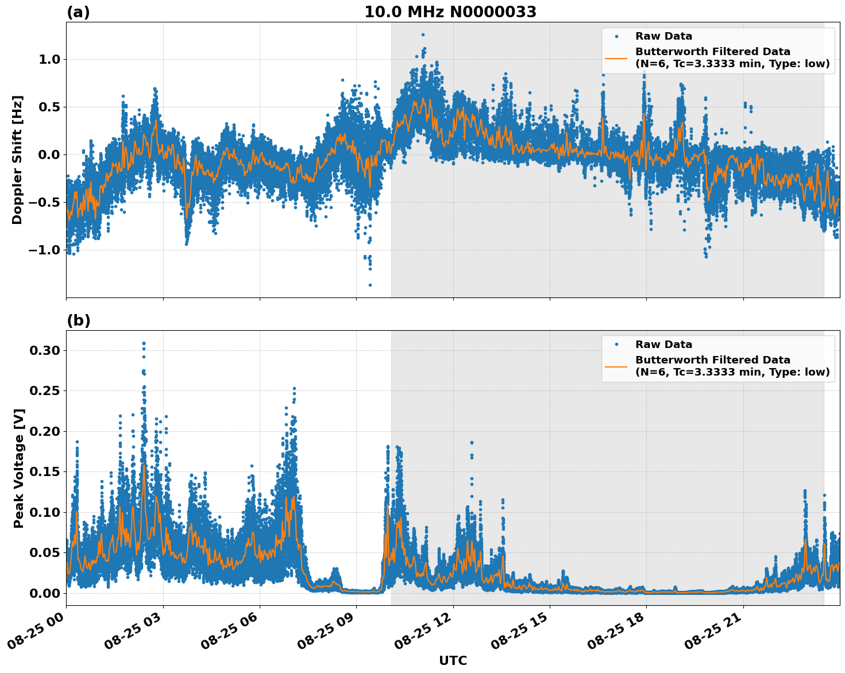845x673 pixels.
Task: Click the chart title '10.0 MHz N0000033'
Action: (450, 12)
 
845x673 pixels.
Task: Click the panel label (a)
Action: (78, 12)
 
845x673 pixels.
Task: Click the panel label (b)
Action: (78, 320)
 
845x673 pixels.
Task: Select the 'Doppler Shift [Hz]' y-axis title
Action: (17, 160)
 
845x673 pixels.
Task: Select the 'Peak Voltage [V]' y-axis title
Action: (19, 468)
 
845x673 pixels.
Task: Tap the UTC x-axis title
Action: (453, 660)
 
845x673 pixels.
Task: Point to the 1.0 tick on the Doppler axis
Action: (48, 60)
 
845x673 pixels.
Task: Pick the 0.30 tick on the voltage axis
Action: (46, 351)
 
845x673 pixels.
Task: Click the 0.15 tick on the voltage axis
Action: (46, 472)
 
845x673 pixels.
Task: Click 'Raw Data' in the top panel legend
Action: (663, 36)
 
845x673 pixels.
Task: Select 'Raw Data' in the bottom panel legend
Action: (663, 345)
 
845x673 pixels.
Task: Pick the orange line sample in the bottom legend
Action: (616, 366)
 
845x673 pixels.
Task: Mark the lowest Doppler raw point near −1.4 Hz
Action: (370, 285)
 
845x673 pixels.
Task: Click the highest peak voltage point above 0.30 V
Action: (144, 343)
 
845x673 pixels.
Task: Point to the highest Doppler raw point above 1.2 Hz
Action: (423, 35)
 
